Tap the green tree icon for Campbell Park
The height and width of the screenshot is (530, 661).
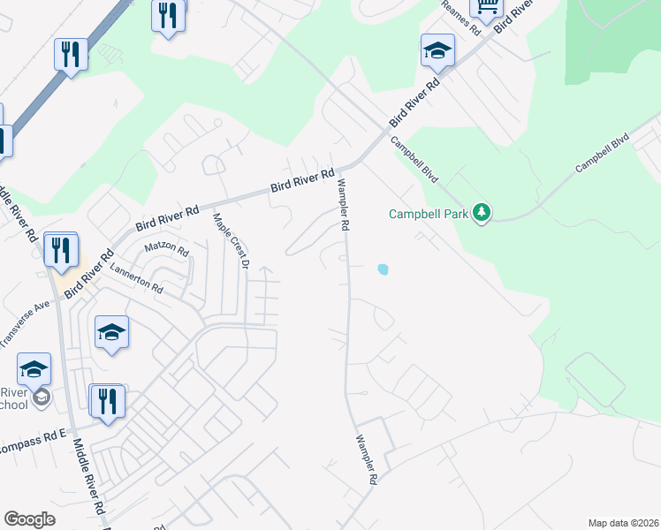point(482,213)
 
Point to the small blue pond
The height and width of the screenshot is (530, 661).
point(383,269)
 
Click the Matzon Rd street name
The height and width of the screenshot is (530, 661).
point(167,250)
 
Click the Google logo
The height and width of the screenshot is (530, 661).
point(29,519)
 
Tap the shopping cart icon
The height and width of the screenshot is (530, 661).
point(486,7)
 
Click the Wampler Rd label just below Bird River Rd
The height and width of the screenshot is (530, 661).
point(341,205)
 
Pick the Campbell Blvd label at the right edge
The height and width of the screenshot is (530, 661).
point(602,154)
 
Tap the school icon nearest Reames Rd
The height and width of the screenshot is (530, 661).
point(437,51)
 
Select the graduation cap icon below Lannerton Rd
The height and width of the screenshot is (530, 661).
point(112,332)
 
